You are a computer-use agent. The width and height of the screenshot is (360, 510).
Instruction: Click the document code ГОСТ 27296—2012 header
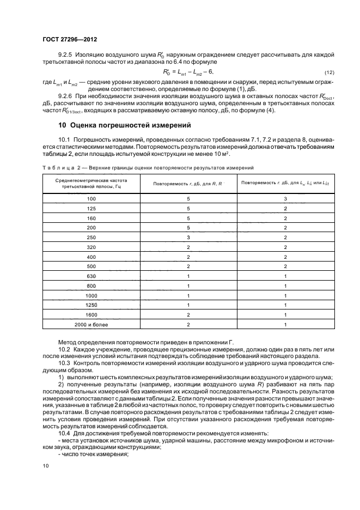point(66,39)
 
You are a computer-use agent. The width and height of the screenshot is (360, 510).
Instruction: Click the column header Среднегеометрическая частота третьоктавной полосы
point(91,183)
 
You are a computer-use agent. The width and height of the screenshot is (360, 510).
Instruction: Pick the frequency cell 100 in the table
point(91,199)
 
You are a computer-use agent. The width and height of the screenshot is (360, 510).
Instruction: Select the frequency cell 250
point(91,238)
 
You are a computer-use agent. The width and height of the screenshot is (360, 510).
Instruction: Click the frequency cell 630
point(91,277)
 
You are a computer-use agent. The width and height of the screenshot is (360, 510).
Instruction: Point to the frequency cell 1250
point(91,306)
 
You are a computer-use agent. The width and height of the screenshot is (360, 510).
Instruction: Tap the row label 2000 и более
point(91,325)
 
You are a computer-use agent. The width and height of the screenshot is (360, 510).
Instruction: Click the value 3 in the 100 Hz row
point(285,199)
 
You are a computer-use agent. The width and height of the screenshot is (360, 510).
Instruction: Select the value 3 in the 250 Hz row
point(188,238)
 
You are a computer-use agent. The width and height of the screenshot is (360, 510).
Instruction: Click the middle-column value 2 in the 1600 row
point(188,315)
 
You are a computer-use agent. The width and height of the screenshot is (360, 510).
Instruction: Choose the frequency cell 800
point(91,287)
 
